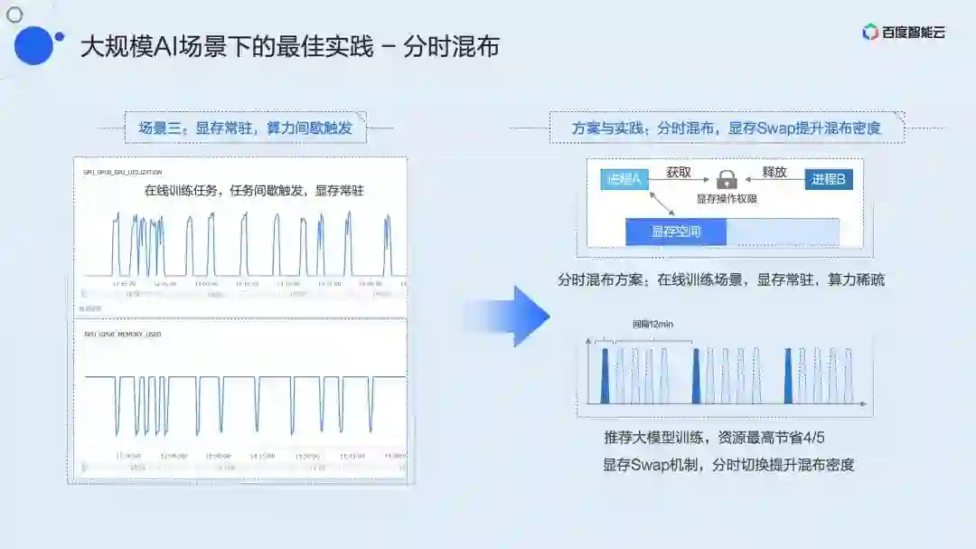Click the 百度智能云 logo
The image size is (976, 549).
click(x=903, y=33)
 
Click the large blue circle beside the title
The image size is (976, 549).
click(x=34, y=45)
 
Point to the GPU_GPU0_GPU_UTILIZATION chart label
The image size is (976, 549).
click(x=123, y=171)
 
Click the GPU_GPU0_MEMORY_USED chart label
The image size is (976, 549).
click(x=122, y=334)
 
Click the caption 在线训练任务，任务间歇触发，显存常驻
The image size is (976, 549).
click(x=253, y=191)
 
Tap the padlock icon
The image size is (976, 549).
click(x=727, y=179)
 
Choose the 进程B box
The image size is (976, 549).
click(x=829, y=179)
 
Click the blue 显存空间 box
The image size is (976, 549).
click(x=676, y=232)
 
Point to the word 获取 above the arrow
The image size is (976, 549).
click(x=679, y=172)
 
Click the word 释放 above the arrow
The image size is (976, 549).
click(x=774, y=172)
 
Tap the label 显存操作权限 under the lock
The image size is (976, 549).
click(x=727, y=198)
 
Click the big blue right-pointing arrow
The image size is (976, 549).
click(x=515, y=316)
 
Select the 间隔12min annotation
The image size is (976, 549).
click(x=652, y=324)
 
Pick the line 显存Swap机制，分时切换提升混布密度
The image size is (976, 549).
click(x=728, y=465)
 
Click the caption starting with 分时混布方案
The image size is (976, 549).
click(x=720, y=279)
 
